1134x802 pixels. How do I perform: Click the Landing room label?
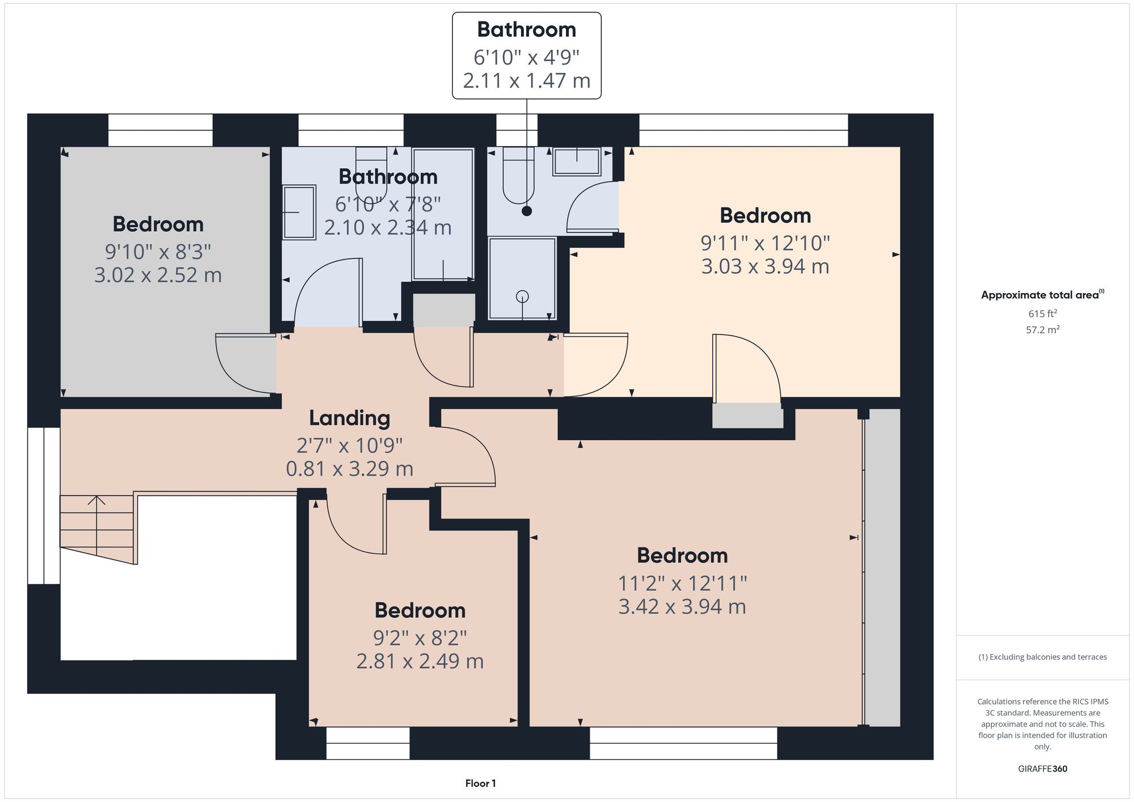click(349, 418)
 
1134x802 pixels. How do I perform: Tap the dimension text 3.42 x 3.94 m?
click(682, 606)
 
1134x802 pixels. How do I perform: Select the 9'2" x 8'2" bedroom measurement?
click(420, 638)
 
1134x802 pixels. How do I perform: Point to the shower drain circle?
click(522, 296)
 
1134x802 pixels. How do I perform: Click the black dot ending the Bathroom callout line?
click(527, 211)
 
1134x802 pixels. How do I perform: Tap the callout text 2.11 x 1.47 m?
click(526, 80)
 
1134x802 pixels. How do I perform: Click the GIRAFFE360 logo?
click(1042, 769)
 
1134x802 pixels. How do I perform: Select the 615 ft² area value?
click(1042, 313)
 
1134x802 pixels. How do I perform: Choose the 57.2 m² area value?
click(1042, 329)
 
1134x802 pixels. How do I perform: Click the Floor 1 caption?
click(480, 783)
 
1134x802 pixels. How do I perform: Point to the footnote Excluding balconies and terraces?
click(1042, 657)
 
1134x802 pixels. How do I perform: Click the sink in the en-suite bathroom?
click(577, 162)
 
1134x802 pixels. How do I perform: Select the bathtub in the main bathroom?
click(443, 214)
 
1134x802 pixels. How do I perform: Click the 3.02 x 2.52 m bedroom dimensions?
click(158, 275)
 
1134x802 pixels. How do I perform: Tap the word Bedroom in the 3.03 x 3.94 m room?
click(765, 215)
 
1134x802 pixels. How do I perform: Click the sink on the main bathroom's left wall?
click(299, 212)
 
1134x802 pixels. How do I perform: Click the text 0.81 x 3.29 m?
click(349, 469)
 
